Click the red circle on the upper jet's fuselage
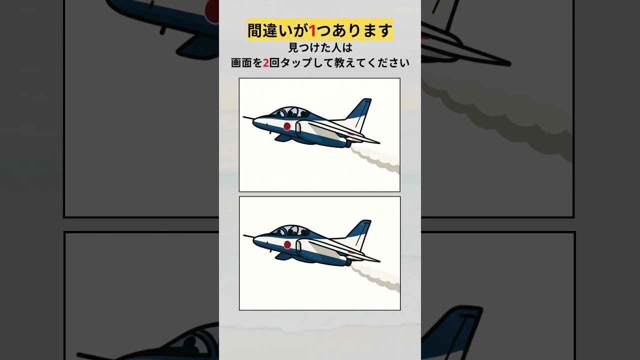click(287, 126)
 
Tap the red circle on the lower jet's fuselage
click(287, 244)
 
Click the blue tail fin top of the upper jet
click(360, 108)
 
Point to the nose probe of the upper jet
click(248, 117)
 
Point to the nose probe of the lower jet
click(248, 236)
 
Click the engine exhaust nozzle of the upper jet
click(347, 144)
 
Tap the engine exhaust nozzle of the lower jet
click(348, 262)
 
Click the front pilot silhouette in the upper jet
click(279, 113)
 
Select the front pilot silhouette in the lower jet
click(279, 232)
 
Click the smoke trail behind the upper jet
click(375, 159)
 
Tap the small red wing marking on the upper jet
click(351, 133)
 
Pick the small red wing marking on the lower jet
click(351, 252)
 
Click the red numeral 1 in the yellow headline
click(312, 30)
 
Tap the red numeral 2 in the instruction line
click(265, 63)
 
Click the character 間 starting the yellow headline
click(255, 30)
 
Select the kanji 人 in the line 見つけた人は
click(336, 47)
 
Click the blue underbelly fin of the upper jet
click(283, 138)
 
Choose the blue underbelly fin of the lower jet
click(283, 256)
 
